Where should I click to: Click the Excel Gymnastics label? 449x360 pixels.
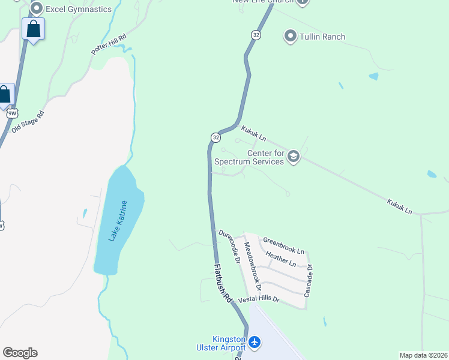click(x=79, y=9)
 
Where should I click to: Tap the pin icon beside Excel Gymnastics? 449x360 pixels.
click(x=36, y=8)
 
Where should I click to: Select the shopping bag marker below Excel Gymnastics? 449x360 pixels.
click(x=33, y=29)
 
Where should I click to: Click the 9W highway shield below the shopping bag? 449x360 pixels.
click(x=13, y=113)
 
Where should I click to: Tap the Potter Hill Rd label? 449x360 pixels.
click(x=109, y=44)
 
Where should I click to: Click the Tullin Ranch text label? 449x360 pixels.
click(x=323, y=37)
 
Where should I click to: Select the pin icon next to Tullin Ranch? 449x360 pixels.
click(x=291, y=37)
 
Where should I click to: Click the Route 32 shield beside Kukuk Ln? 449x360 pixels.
click(x=215, y=137)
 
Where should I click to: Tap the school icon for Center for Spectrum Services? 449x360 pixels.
click(x=293, y=157)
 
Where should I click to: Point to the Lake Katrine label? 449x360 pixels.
click(x=118, y=221)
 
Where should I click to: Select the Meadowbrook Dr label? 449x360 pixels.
click(x=253, y=266)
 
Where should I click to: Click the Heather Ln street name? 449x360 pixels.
click(x=281, y=259)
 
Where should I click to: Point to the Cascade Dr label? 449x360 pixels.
click(x=309, y=282)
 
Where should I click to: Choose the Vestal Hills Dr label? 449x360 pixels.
click(x=259, y=299)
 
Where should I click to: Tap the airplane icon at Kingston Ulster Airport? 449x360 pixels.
click(x=255, y=342)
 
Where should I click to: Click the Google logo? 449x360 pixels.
click(x=20, y=352)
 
